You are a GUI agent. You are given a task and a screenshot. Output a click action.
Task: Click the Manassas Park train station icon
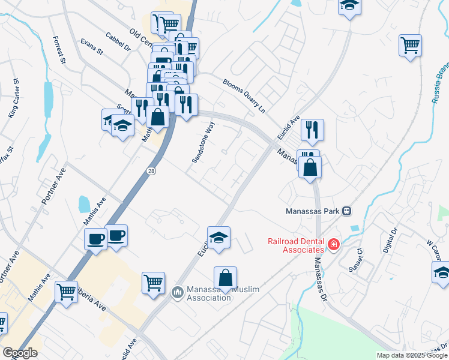click(346, 211)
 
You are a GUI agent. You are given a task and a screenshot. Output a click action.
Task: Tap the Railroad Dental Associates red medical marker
click(333, 245)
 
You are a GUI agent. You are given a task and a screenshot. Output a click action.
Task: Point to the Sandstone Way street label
click(203, 143)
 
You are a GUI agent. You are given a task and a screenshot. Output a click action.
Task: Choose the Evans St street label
click(92, 47)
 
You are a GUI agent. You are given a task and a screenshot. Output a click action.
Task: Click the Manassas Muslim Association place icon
click(177, 293)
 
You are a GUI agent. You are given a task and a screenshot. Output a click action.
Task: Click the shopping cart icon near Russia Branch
click(411, 46)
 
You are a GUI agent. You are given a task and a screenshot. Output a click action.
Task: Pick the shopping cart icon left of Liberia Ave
click(66, 292)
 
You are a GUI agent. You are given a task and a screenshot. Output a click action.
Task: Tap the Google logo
click(20, 353)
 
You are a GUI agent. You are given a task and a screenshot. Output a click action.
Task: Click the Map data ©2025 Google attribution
click(412, 355)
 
